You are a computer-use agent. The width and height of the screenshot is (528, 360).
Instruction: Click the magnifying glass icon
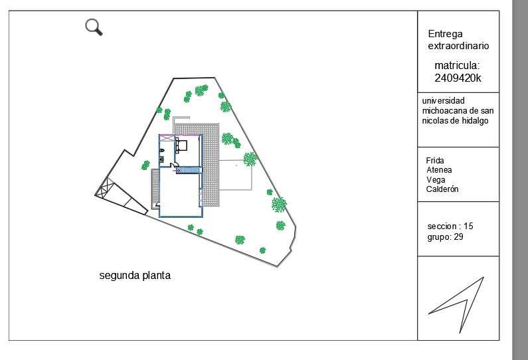tap(94, 27)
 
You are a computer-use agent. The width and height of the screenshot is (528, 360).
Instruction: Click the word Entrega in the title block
tap(445, 34)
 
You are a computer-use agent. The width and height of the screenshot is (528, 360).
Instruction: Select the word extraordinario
tap(458, 46)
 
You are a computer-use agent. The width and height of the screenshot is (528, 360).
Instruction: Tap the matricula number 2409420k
tap(458, 78)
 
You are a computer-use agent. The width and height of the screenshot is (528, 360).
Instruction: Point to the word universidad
tap(444, 100)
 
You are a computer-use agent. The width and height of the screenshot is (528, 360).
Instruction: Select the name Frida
tap(435, 161)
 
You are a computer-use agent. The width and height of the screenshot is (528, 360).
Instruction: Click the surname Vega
tap(436, 179)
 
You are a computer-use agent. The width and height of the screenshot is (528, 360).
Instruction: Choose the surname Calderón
tap(442, 189)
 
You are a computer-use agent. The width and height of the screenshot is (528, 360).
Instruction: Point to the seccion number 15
tap(468, 226)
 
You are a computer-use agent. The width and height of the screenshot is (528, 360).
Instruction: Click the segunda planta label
tap(135, 275)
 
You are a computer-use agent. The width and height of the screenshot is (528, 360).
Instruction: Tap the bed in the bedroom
tap(182, 145)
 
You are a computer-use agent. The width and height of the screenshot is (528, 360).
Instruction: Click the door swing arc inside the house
tap(174, 165)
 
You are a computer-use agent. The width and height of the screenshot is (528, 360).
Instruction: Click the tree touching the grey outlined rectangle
tap(250, 159)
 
